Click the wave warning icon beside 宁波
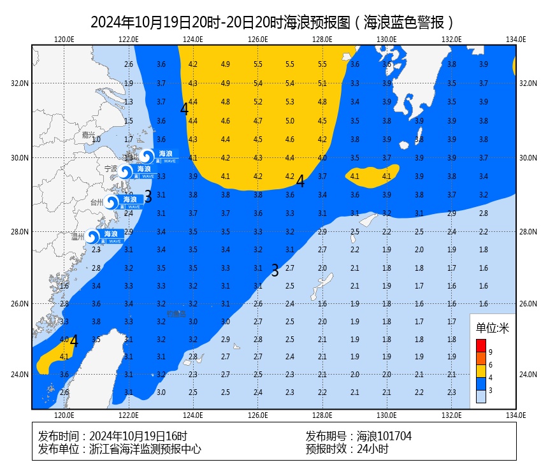126,171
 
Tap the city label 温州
78,237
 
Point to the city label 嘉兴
88,135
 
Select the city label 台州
97,203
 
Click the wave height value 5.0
290,121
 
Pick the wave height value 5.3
290,102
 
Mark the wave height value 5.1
322,83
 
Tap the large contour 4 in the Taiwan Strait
74,341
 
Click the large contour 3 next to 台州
148,196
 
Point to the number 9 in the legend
490,352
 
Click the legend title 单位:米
493,329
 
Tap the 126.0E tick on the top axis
257,39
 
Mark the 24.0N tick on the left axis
20,375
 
